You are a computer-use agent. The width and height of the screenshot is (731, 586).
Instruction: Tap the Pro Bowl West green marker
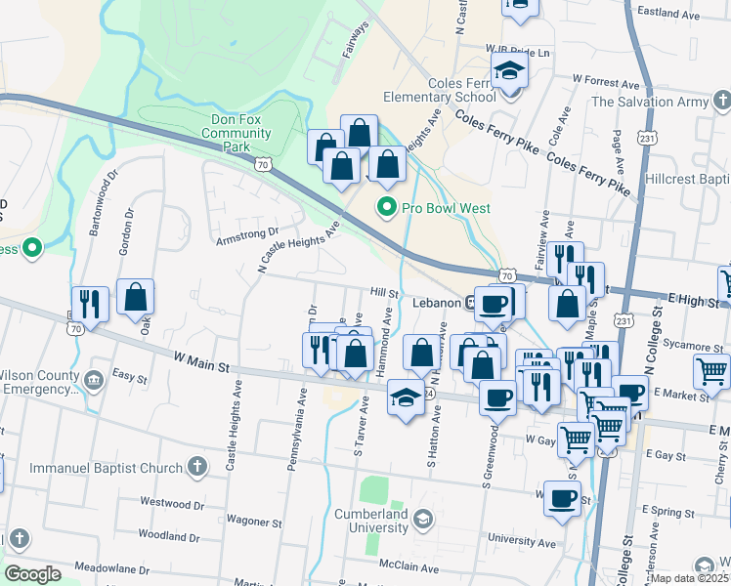coord(387,207)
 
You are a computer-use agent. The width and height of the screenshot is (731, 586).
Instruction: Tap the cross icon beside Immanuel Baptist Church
coord(196,468)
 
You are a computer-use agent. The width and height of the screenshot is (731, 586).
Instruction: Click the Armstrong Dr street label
coord(241,234)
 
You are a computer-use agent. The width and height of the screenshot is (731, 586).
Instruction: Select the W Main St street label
coord(200,362)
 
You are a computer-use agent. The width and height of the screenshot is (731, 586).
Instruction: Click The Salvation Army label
coord(649,101)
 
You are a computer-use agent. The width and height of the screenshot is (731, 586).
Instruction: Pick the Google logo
coord(32,574)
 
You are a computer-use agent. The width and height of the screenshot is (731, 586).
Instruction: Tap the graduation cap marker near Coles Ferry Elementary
coord(509,71)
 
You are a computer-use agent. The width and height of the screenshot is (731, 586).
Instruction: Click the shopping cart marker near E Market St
coord(711,372)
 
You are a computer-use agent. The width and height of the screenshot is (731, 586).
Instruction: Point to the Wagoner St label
coord(253,523)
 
